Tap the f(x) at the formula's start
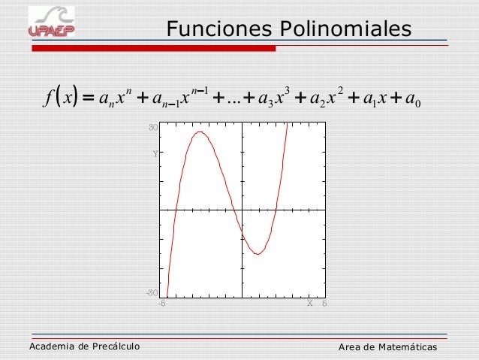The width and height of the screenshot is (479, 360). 59,100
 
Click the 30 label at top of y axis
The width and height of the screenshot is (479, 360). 152,129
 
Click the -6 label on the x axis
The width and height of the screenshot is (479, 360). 160,304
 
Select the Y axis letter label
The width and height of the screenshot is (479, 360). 155,154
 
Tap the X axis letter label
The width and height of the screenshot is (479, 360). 309,304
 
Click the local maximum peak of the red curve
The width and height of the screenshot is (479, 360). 200,133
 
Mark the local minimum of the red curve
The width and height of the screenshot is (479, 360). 258,254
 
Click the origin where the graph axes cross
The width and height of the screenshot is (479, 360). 242,210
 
